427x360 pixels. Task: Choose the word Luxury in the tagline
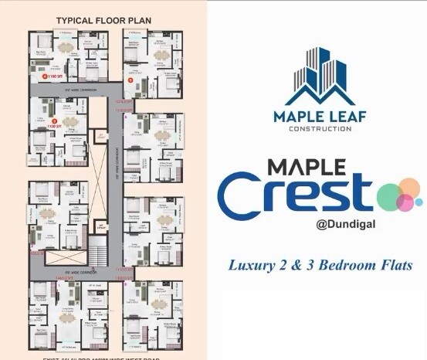pyautogui.click(x=248, y=265)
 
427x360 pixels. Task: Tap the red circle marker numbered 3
pyautogui.click(x=53, y=121)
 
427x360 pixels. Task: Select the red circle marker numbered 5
pyautogui.click(x=130, y=79)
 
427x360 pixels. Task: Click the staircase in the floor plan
pyautogui.click(x=97, y=252)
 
